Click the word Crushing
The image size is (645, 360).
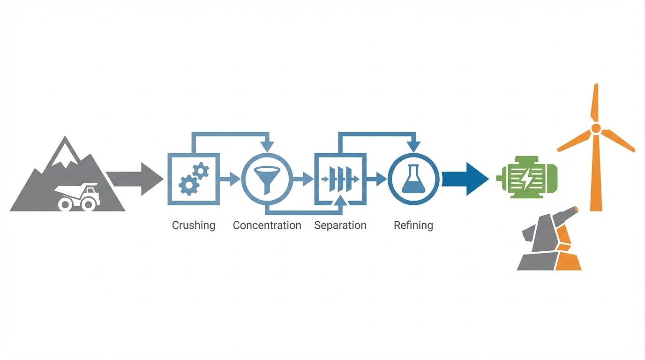(193, 225)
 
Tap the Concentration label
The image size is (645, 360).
(267, 225)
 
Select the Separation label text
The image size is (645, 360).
(340, 225)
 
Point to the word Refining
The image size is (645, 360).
(413, 225)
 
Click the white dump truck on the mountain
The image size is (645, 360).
(78, 196)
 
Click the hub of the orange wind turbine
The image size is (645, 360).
(595, 129)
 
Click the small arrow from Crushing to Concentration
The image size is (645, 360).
(230, 179)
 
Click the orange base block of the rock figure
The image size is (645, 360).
(569, 262)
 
